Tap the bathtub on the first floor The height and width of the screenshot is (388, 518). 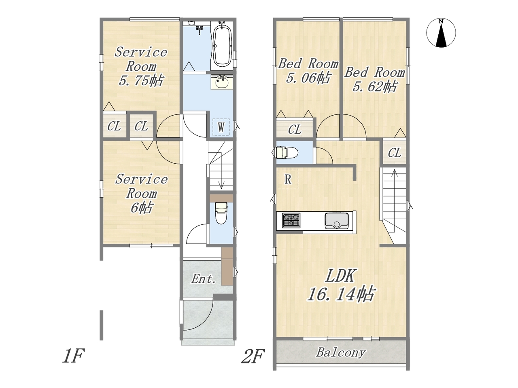tap(222, 45)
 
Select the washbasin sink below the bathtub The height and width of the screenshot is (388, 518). tap(222, 82)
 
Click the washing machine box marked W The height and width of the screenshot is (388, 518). tap(221, 127)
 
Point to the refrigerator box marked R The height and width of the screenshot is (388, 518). tap(288, 179)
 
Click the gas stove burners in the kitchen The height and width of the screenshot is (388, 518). tap(291, 221)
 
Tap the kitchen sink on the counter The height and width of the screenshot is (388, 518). tap(337, 221)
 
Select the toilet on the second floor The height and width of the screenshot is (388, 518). tap(285, 152)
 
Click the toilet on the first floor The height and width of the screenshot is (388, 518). tap(221, 213)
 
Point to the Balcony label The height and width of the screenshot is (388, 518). tap(341, 353)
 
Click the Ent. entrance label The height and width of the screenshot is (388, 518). tap(203, 279)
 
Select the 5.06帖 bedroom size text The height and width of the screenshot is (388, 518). tap(308, 78)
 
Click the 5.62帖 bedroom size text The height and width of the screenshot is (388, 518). tap(374, 86)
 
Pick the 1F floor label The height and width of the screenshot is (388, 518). tap(73, 356)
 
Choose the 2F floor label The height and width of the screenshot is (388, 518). tap(253, 356)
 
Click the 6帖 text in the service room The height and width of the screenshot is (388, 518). tap(141, 207)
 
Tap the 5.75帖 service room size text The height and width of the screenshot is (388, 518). tap(141, 80)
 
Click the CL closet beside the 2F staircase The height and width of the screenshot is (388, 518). tap(394, 153)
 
